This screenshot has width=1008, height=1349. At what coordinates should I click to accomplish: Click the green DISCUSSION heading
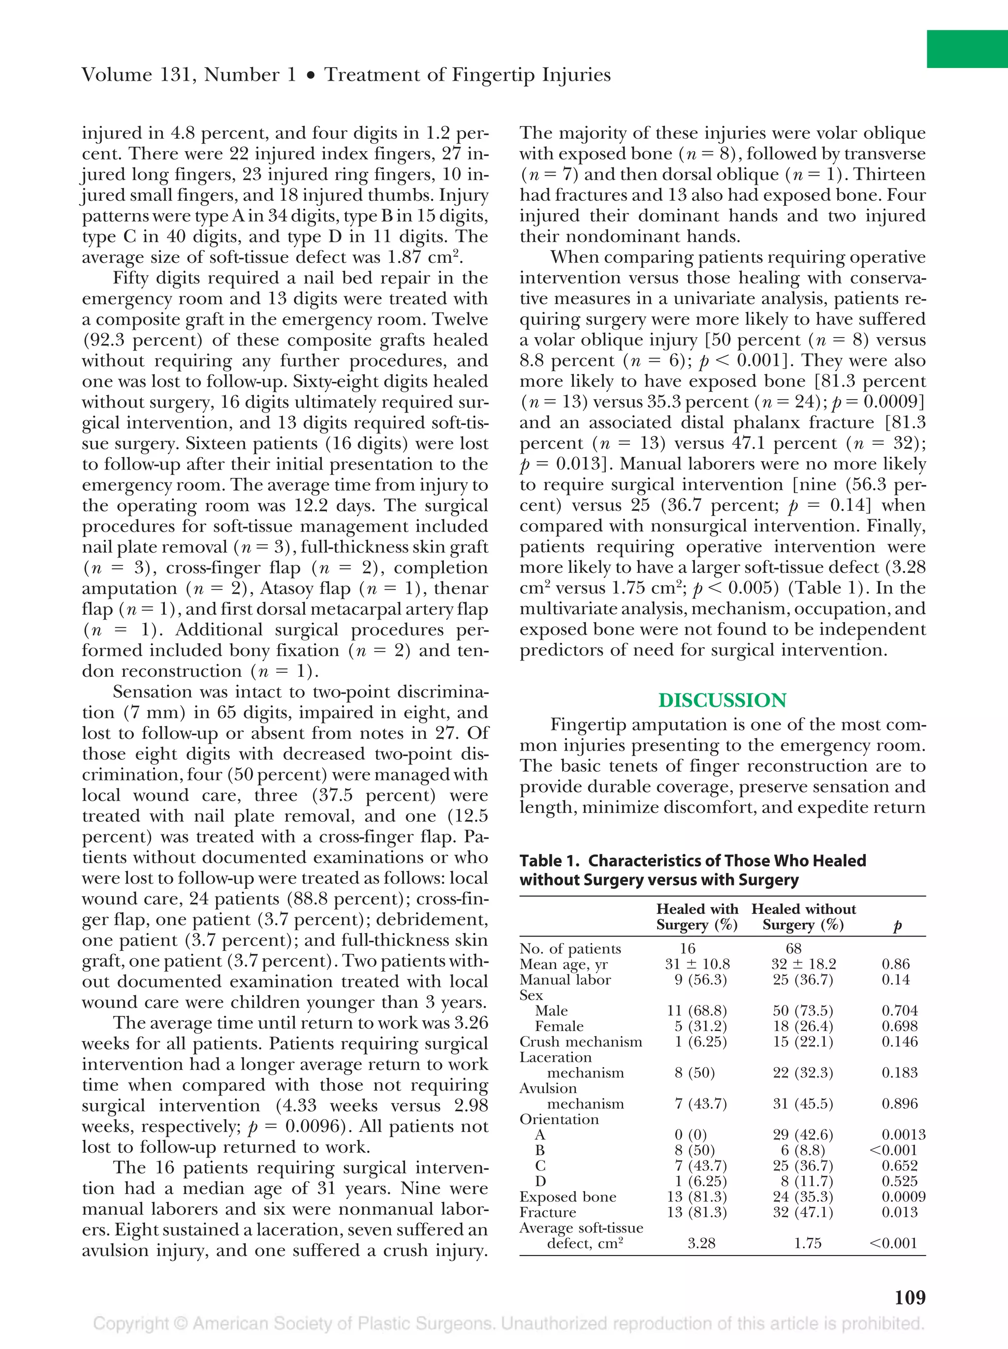pyautogui.click(x=722, y=700)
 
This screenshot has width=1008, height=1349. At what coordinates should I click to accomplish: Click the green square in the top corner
pyautogui.click(x=967, y=49)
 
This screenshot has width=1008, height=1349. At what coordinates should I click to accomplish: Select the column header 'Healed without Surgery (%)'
pyautogui.click(x=803, y=916)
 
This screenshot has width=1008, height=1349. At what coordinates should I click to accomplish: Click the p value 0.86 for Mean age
pyautogui.click(x=895, y=964)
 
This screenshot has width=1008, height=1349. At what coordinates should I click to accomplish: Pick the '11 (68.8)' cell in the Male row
pyautogui.click(x=697, y=1010)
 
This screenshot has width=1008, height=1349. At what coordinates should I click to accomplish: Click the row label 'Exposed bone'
pyautogui.click(x=567, y=1196)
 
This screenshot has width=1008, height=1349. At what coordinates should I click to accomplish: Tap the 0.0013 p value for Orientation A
pyautogui.click(x=903, y=1134)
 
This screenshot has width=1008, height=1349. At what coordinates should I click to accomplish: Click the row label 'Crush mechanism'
pyautogui.click(x=580, y=1041)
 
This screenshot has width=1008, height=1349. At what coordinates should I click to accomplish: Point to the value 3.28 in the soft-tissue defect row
pyautogui.click(x=701, y=1243)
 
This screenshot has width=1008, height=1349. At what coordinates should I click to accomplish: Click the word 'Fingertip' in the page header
pyautogui.click(x=497, y=75)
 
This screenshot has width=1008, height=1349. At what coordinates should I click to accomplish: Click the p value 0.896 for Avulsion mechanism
pyautogui.click(x=899, y=1103)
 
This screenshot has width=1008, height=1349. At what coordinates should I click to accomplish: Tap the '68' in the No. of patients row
pyautogui.click(x=793, y=948)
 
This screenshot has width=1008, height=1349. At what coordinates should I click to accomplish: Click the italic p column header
pyautogui.click(x=897, y=926)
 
